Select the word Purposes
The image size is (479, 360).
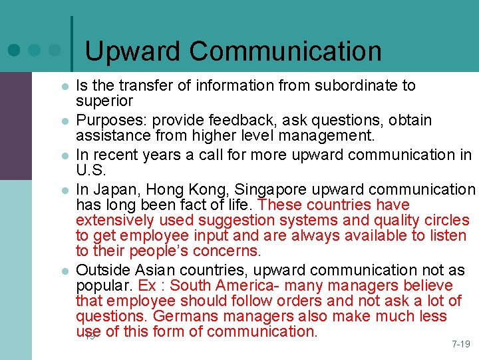111,121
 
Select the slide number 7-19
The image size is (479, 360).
460,345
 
